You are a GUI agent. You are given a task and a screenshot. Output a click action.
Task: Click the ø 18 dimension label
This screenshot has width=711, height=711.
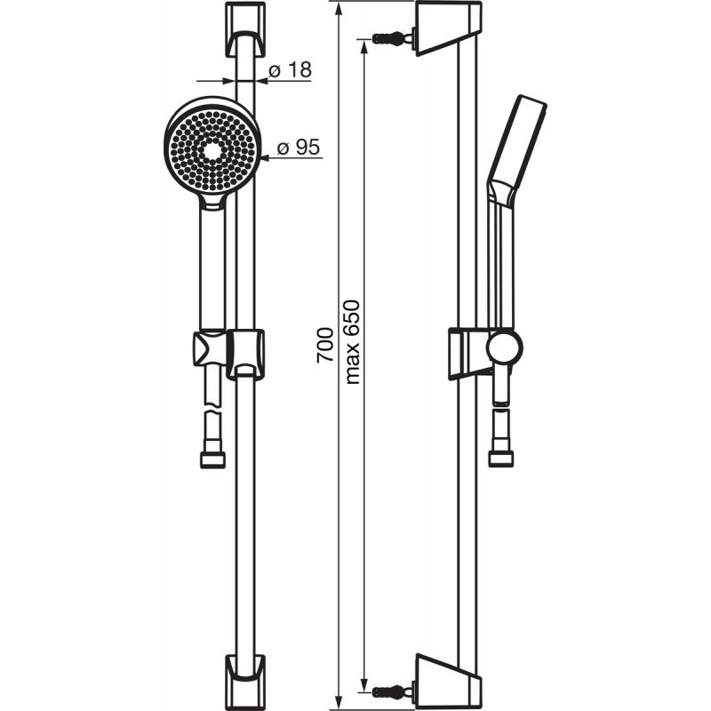pyautogui.click(x=291, y=70)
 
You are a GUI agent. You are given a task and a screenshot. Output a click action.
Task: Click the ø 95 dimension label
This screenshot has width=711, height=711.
pyautogui.click(x=299, y=148)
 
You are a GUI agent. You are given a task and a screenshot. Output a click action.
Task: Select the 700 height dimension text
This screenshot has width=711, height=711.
pyautogui.click(x=325, y=345)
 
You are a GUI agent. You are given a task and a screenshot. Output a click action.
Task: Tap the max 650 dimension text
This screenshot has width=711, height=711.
pyautogui.click(x=352, y=342)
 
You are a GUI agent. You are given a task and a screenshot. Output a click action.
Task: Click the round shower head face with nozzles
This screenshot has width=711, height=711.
pyautogui.click(x=212, y=149)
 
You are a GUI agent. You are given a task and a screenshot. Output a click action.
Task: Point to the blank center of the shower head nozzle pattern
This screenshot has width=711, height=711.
pyautogui.click(x=212, y=149)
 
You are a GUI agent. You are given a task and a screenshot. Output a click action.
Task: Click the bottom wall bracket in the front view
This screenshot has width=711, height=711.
pyautogui.click(x=245, y=682)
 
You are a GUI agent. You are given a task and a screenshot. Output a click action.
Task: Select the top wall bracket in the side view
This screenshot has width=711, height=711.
pyautogui.click(x=449, y=28)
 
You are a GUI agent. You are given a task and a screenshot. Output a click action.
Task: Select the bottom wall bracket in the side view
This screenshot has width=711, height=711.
pyautogui.click(x=449, y=683)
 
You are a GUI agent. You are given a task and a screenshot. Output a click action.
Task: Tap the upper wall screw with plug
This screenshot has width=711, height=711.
pyautogui.click(x=393, y=38)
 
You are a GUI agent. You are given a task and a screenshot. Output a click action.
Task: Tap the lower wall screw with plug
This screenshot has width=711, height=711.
pyautogui.click(x=393, y=692)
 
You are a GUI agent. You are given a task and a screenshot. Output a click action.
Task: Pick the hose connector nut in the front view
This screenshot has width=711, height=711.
pyautogui.click(x=212, y=459)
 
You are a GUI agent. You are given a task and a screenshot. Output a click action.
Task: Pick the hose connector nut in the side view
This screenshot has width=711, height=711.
pyautogui.click(x=501, y=459)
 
